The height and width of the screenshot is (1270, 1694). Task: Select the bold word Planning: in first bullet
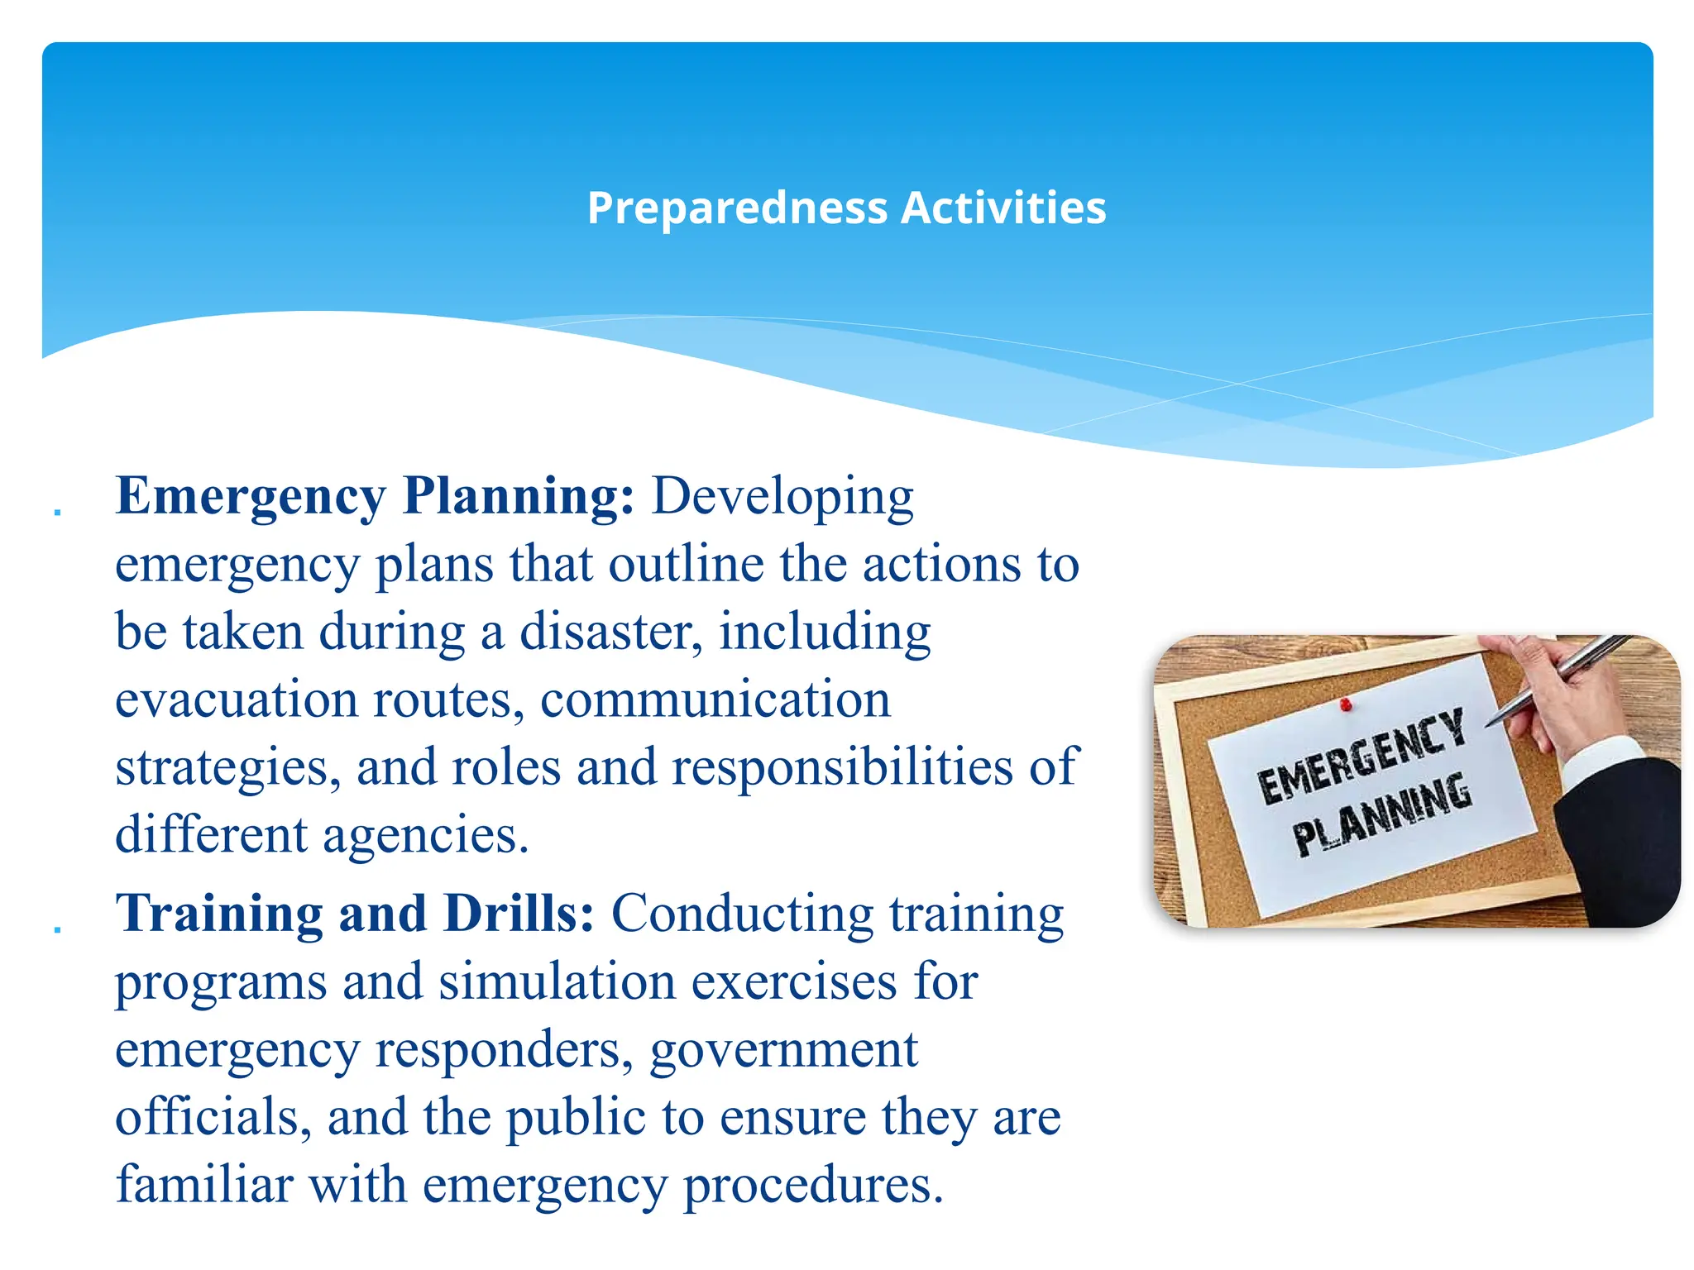(518, 496)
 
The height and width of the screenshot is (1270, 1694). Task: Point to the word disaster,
(611, 633)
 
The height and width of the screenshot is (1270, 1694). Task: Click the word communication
(715, 700)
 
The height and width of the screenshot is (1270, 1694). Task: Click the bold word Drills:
(519, 914)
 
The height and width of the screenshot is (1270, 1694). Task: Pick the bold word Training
(219, 915)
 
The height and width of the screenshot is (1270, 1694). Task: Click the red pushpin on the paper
(1346, 704)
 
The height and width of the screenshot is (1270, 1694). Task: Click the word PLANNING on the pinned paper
(1382, 815)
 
